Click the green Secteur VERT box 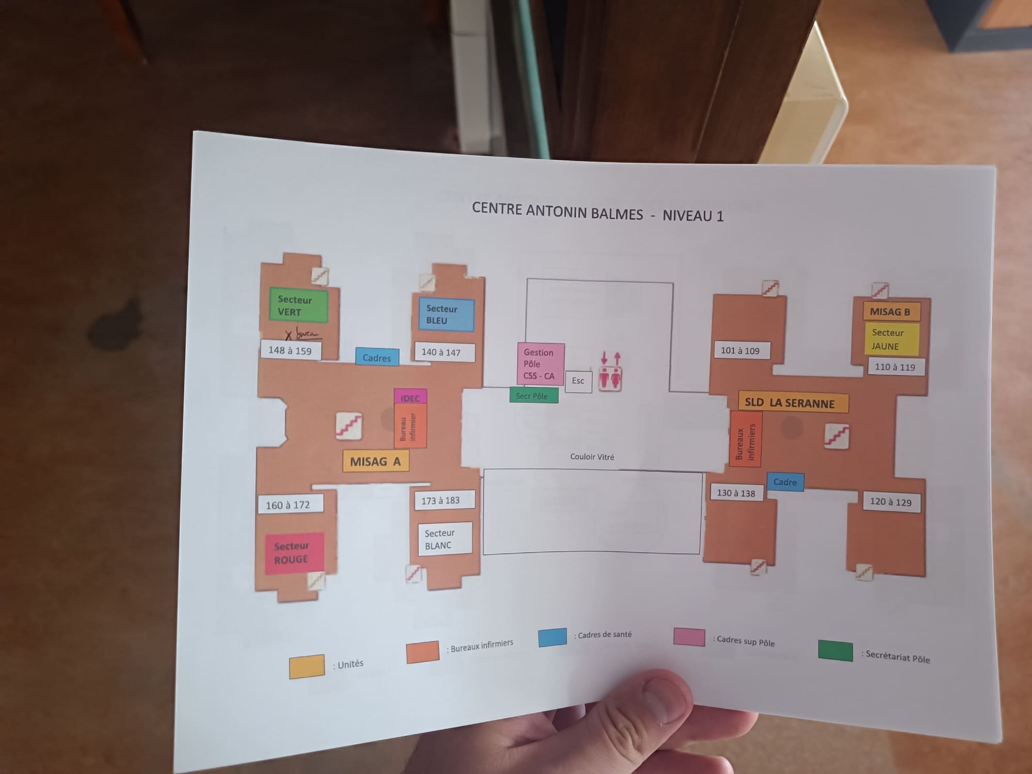(x=298, y=305)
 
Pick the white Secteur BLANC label (x=445, y=539)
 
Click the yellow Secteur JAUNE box (x=892, y=339)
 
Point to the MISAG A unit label (x=376, y=461)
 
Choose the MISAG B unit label (x=891, y=312)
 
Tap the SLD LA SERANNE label (x=793, y=402)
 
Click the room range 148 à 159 (x=290, y=350)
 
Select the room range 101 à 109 (x=741, y=350)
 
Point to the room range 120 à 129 (x=891, y=502)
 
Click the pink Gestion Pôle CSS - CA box (x=540, y=364)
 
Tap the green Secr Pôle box (x=533, y=396)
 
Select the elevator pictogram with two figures (x=610, y=378)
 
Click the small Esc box (x=578, y=381)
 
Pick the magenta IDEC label (x=410, y=397)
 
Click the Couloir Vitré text (x=592, y=457)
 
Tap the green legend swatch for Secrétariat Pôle (x=835, y=650)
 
